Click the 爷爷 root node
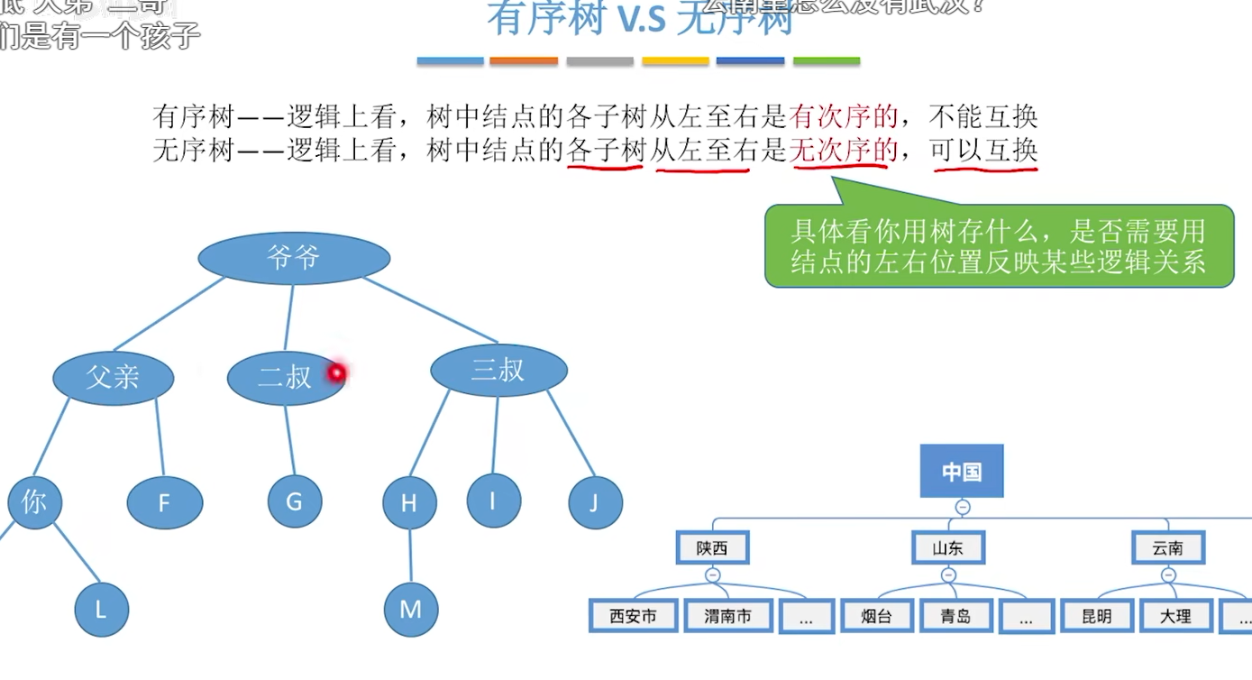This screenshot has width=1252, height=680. coord(294,259)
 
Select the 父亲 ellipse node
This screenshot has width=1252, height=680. coord(113,377)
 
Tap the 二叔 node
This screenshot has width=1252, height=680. coord(285,377)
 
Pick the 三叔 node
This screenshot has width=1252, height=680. coord(498,370)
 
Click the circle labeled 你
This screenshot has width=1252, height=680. coord(34,502)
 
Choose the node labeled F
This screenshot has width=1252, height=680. coord(164,502)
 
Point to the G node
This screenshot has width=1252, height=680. coord(294,501)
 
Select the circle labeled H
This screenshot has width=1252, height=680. coord(409,502)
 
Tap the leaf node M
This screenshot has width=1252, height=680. coord(411,610)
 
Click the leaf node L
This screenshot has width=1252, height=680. coord(101,610)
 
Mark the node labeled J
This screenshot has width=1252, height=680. coord(595,502)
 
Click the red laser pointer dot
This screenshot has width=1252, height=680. coord(337,372)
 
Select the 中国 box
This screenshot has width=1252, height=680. coord(962,471)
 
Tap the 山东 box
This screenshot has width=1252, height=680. coord(947,547)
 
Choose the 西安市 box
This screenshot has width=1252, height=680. coord(633,616)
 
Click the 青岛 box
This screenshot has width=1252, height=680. coord(955,616)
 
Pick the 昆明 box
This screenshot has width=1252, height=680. coord(1097,616)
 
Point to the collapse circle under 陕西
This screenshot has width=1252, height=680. coord(712,574)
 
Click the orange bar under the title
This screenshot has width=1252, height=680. coord(524,61)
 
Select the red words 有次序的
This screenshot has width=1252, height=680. coord(844,115)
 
